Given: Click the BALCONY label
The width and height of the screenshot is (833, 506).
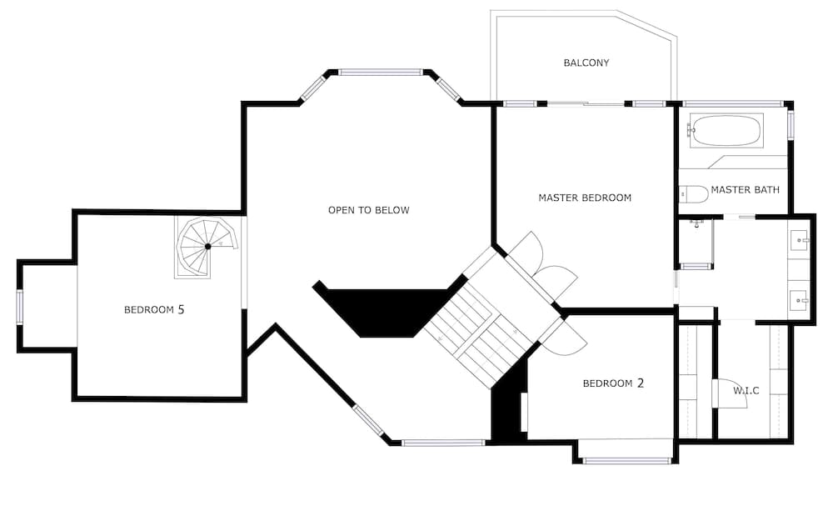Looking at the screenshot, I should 586,63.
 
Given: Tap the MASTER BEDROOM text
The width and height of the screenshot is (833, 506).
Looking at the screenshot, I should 585,198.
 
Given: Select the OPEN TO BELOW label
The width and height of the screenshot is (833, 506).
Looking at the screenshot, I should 368,210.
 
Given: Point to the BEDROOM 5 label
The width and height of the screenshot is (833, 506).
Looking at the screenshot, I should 154,309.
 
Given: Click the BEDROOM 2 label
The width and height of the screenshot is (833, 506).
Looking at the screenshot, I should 613,383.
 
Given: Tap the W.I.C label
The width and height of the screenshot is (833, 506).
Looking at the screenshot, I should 746,390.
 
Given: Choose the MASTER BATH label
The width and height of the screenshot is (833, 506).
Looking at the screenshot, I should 745,190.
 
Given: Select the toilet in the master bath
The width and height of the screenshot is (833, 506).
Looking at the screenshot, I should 694,193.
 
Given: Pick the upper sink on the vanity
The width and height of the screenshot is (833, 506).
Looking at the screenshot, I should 801,241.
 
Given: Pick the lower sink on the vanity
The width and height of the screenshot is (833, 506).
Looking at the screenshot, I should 801,298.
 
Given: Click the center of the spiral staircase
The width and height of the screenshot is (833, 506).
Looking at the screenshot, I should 207,246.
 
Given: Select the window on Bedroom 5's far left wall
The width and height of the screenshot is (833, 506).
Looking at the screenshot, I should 20,306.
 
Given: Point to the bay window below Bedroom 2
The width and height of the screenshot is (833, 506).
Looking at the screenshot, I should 626,460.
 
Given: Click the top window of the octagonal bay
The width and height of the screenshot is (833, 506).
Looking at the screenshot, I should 381,73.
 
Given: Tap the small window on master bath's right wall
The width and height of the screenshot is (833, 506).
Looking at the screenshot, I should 791,123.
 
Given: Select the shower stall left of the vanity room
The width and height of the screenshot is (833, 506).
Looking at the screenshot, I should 697,242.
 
